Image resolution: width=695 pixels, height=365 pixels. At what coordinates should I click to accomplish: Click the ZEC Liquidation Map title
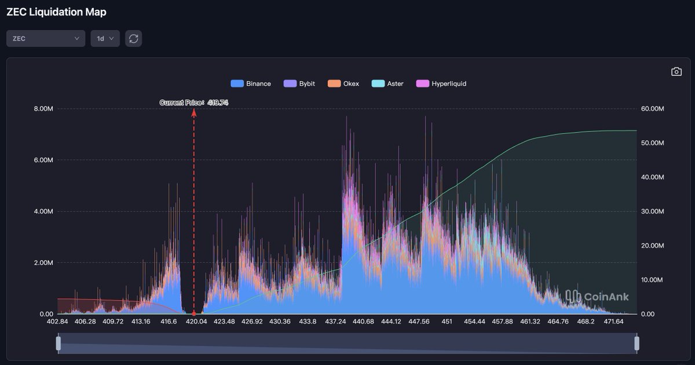[x=56, y=12]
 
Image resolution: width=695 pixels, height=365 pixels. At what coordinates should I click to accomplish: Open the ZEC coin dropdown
[x=46, y=39]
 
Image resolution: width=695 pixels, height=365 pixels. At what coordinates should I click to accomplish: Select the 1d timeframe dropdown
[x=105, y=39]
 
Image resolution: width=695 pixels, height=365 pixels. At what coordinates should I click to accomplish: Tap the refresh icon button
[x=134, y=39]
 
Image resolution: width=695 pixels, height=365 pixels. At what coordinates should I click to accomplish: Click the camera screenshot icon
[x=676, y=72]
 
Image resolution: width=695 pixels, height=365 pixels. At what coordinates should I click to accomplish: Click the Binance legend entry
[x=251, y=83]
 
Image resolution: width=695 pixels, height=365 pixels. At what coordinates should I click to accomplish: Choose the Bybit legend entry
[x=299, y=83]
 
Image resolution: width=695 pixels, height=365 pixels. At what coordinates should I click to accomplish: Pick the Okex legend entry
[x=343, y=83]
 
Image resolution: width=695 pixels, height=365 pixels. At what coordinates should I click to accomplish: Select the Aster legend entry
[x=387, y=83]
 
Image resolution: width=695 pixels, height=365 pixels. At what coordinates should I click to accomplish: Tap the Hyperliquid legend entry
[x=441, y=83]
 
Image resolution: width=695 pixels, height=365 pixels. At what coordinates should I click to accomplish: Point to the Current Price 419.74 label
[x=190, y=103]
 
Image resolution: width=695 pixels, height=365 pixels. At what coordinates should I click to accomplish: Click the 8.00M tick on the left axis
[x=43, y=109]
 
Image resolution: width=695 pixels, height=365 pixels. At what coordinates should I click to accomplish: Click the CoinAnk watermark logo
[x=597, y=297]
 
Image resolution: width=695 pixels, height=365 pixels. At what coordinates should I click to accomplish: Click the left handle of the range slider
[x=58, y=344]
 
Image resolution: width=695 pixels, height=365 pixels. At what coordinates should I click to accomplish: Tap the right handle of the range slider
[x=637, y=344]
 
